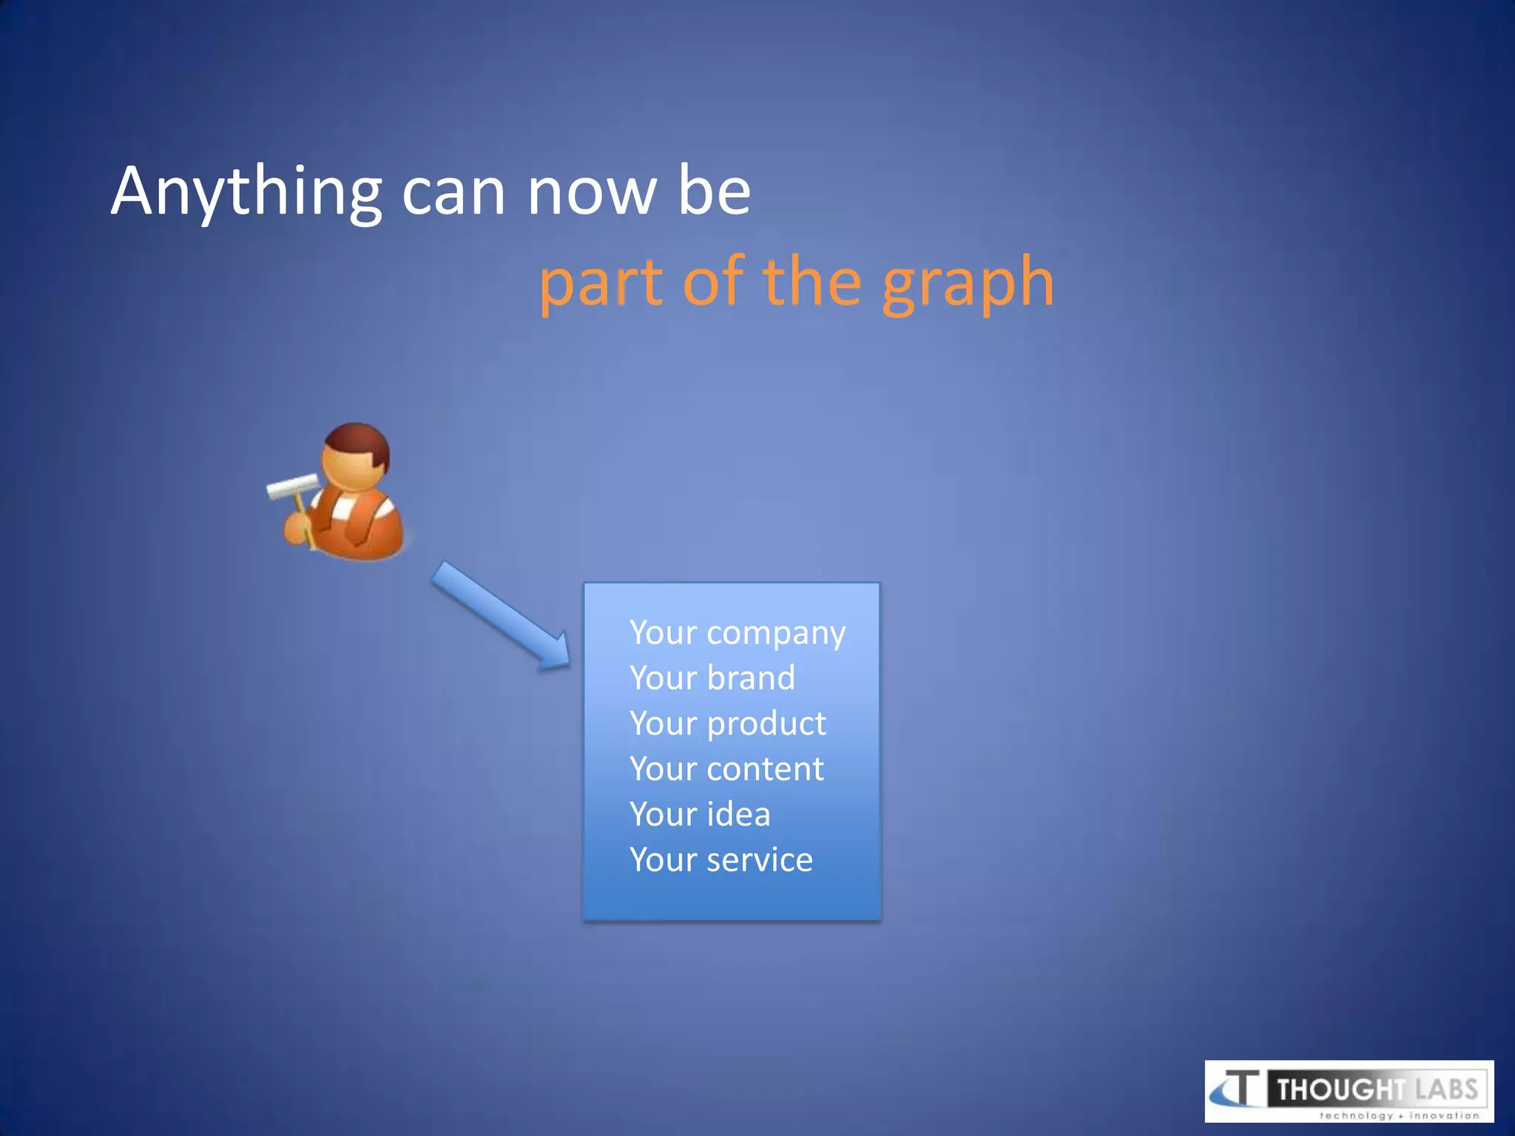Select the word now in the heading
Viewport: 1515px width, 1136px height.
(591, 192)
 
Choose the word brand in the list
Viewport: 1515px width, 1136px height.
(750, 678)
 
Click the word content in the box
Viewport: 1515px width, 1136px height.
(765, 769)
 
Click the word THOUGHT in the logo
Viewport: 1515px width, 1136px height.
(1340, 1089)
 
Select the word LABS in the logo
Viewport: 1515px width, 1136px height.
(1446, 1089)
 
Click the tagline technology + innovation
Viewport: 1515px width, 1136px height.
(1399, 1115)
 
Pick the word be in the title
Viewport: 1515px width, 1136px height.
(714, 192)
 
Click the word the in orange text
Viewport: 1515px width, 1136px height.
(812, 283)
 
